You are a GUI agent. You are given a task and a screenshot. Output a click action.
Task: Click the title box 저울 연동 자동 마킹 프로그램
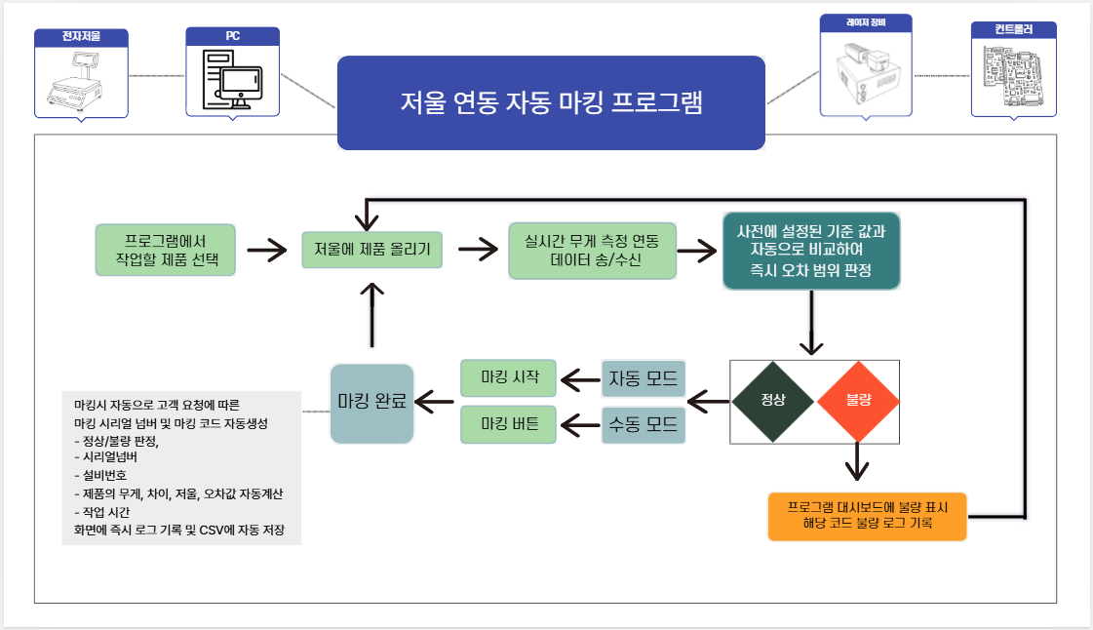click(x=551, y=102)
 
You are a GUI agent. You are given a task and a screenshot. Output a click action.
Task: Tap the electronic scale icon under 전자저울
click(x=81, y=82)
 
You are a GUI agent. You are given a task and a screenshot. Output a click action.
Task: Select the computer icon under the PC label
click(x=232, y=82)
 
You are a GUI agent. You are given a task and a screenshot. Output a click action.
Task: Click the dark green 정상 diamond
click(x=773, y=401)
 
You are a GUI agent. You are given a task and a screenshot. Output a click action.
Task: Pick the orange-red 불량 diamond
click(x=857, y=401)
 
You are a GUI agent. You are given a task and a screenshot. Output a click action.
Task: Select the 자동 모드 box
click(x=643, y=378)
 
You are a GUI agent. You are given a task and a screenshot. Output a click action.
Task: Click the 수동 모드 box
click(x=643, y=424)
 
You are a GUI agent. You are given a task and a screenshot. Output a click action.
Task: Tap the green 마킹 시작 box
click(x=508, y=377)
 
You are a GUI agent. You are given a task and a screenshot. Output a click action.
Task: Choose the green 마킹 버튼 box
click(x=508, y=424)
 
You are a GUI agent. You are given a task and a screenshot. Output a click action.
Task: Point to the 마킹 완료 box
click(x=372, y=401)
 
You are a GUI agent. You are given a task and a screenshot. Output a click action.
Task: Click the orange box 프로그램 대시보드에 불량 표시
click(x=867, y=516)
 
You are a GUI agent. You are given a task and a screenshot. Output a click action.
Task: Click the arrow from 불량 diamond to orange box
click(x=857, y=464)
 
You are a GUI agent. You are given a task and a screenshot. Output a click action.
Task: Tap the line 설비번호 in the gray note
click(x=107, y=475)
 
